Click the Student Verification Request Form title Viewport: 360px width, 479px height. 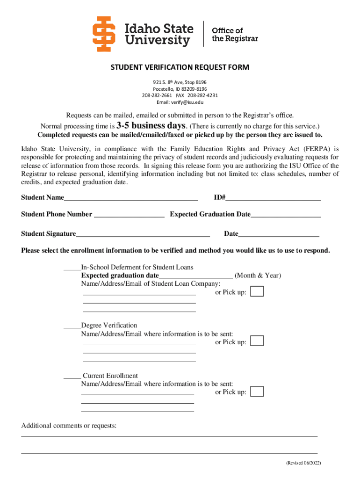[180, 67]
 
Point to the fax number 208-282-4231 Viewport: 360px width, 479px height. [203, 95]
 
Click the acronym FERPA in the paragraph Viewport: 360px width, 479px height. [318, 149]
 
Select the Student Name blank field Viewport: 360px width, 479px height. [131, 198]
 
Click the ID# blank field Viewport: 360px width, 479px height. [273, 198]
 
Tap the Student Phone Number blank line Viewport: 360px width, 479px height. [129, 215]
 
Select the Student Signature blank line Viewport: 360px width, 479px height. [143, 234]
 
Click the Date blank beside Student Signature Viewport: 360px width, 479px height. [279, 234]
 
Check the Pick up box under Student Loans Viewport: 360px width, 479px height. [257, 291]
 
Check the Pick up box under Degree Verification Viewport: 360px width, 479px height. [257, 341]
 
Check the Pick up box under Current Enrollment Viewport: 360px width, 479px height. [257, 392]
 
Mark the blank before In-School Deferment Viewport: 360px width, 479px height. [72, 268]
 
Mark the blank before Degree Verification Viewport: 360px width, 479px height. [72, 326]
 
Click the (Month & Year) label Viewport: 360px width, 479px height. [258, 276]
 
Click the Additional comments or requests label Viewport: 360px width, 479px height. [69, 426]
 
